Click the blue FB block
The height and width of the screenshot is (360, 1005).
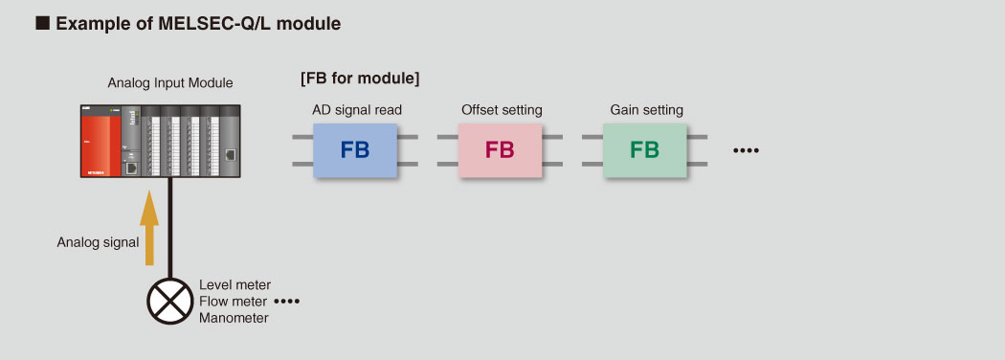coord(355,150)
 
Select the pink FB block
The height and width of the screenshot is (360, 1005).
coord(500,150)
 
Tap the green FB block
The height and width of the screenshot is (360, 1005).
coord(645,150)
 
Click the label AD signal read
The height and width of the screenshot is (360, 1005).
coord(357,110)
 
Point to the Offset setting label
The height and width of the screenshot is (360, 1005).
coord(502,110)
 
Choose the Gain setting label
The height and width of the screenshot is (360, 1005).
coord(647,110)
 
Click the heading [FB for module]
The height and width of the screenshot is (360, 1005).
coord(360,79)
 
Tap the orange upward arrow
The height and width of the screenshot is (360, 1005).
coord(149,227)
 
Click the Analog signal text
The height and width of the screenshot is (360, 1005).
coord(98,242)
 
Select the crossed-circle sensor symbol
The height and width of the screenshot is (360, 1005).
coord(169,301)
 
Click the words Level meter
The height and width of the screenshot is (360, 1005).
coord(235,284)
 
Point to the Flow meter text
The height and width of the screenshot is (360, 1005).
coord(234,301)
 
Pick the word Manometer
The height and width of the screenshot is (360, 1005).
coord(234,318)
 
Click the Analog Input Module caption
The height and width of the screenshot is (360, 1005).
coord(170,82)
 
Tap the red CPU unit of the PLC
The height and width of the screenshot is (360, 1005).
coord(100,141)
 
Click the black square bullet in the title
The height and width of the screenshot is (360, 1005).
coord(42,24)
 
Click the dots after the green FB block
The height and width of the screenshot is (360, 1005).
coord(746,151)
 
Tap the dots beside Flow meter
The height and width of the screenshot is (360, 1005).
coord(287,301)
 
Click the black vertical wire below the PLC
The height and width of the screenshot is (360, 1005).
coord(170,228)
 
